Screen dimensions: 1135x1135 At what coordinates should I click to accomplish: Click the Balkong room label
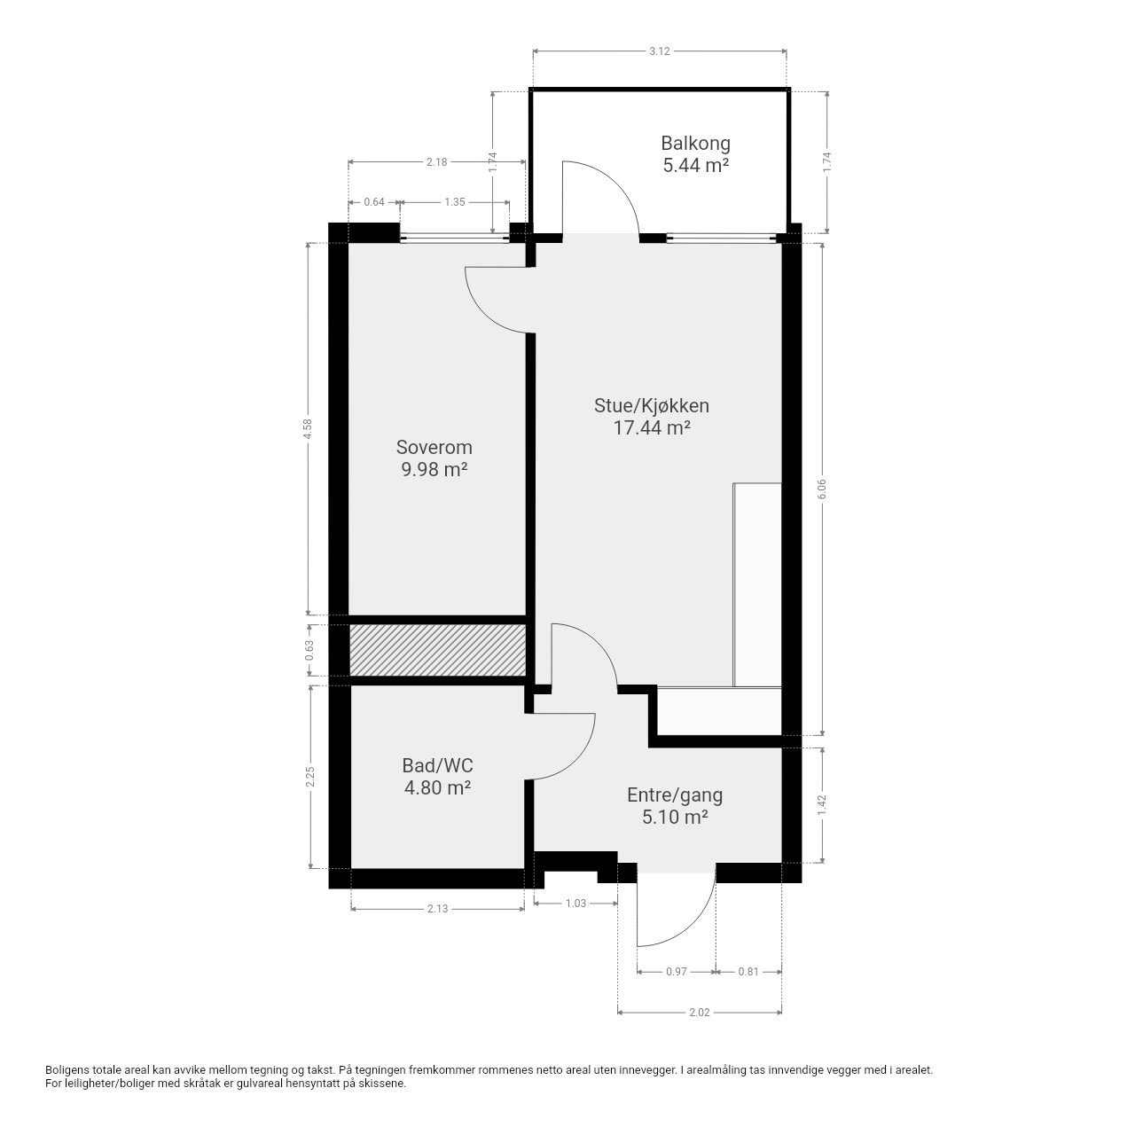point(695,143)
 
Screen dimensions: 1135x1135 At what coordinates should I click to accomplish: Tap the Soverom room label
point(434,447)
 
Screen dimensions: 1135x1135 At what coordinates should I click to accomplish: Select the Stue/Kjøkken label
point(652,406)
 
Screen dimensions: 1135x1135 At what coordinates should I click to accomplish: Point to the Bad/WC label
point(438,765)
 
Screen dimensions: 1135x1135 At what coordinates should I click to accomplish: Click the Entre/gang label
point(675,795)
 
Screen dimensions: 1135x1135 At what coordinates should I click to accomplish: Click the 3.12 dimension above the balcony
point(660,51)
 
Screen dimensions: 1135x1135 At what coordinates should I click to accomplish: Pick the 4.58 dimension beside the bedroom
point(306,428)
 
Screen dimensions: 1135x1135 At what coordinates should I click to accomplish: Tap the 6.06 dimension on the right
point(822,489)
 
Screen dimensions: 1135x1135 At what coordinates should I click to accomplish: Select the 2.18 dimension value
point(437,162)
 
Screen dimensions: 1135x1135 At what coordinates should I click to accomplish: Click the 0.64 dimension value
point(374,202)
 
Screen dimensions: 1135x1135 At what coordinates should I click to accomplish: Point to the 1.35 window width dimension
point(455,202)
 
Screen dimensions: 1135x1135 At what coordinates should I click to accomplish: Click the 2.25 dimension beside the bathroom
point(310,776)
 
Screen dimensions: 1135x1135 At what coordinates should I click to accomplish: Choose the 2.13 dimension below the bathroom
point(438,909)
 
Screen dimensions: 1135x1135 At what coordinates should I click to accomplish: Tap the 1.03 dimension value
point(575,903)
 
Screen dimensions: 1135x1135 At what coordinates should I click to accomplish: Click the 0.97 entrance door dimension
point(677,971)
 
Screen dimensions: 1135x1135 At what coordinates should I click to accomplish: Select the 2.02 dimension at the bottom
point(699,1013)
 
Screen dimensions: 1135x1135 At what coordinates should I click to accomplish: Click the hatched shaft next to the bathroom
point(438,650)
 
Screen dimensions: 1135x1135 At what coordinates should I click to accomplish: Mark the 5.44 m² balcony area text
point(695,166)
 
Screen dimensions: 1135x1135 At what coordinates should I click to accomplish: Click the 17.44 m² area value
point(652,427)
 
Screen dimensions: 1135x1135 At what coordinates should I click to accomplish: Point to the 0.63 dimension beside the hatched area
point(310,650)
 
